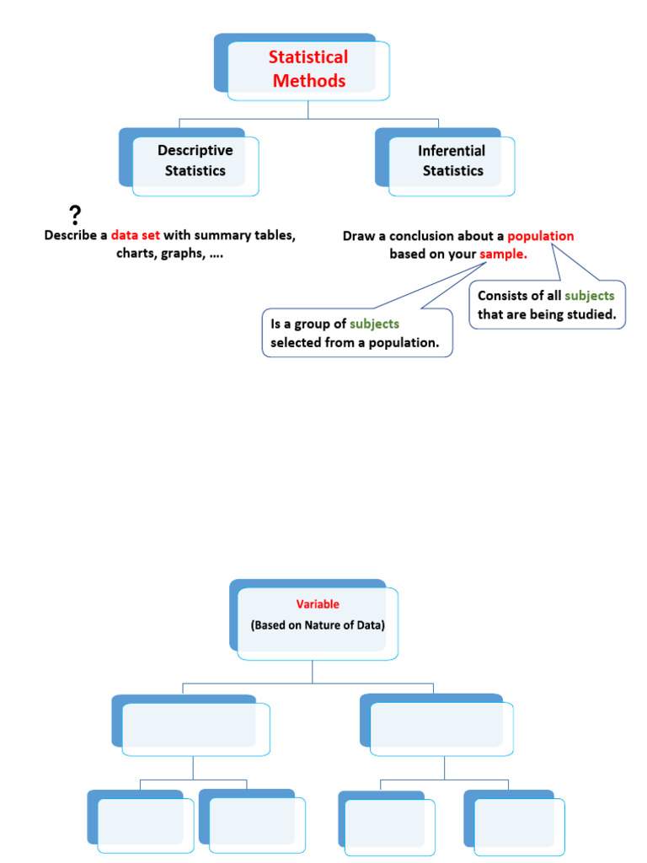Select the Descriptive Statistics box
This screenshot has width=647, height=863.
pyautogui.click(x=189, y=162)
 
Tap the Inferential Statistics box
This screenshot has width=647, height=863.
pyautogui.click(x=445, y=162)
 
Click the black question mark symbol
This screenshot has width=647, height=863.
pyautogui.click(x=75, y=215)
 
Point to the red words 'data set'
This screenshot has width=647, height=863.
pyautogui.click(x=136, y=235)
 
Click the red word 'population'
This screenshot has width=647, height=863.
pyautogui.click(x=540, y=236)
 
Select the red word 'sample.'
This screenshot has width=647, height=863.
pyautogui.click(x=503, y=254)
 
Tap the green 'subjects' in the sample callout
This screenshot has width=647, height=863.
pyautogui.click(x=374, y=324)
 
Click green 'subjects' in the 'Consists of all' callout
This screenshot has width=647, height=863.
pyautogui.click(x=589, y=296)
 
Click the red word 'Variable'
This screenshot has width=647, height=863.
pyautogui.click(x=318, y=603)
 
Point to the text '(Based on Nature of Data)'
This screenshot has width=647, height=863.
pyautogui.click(x=318, y=625)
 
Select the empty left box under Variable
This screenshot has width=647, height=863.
pyautogui.click(x=190, y=725)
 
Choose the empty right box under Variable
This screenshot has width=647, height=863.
pyautogui.click(x=436, y=725)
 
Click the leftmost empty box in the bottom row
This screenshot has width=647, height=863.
pyautogui.click(x=141, y=821)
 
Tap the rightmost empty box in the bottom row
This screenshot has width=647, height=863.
pyautogui.click(x=514, y=823)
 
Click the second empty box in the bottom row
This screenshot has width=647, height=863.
pyautogui.click(x=252, y=821)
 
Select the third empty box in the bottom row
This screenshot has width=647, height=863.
pyautogui.click(x=386, y=823)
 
